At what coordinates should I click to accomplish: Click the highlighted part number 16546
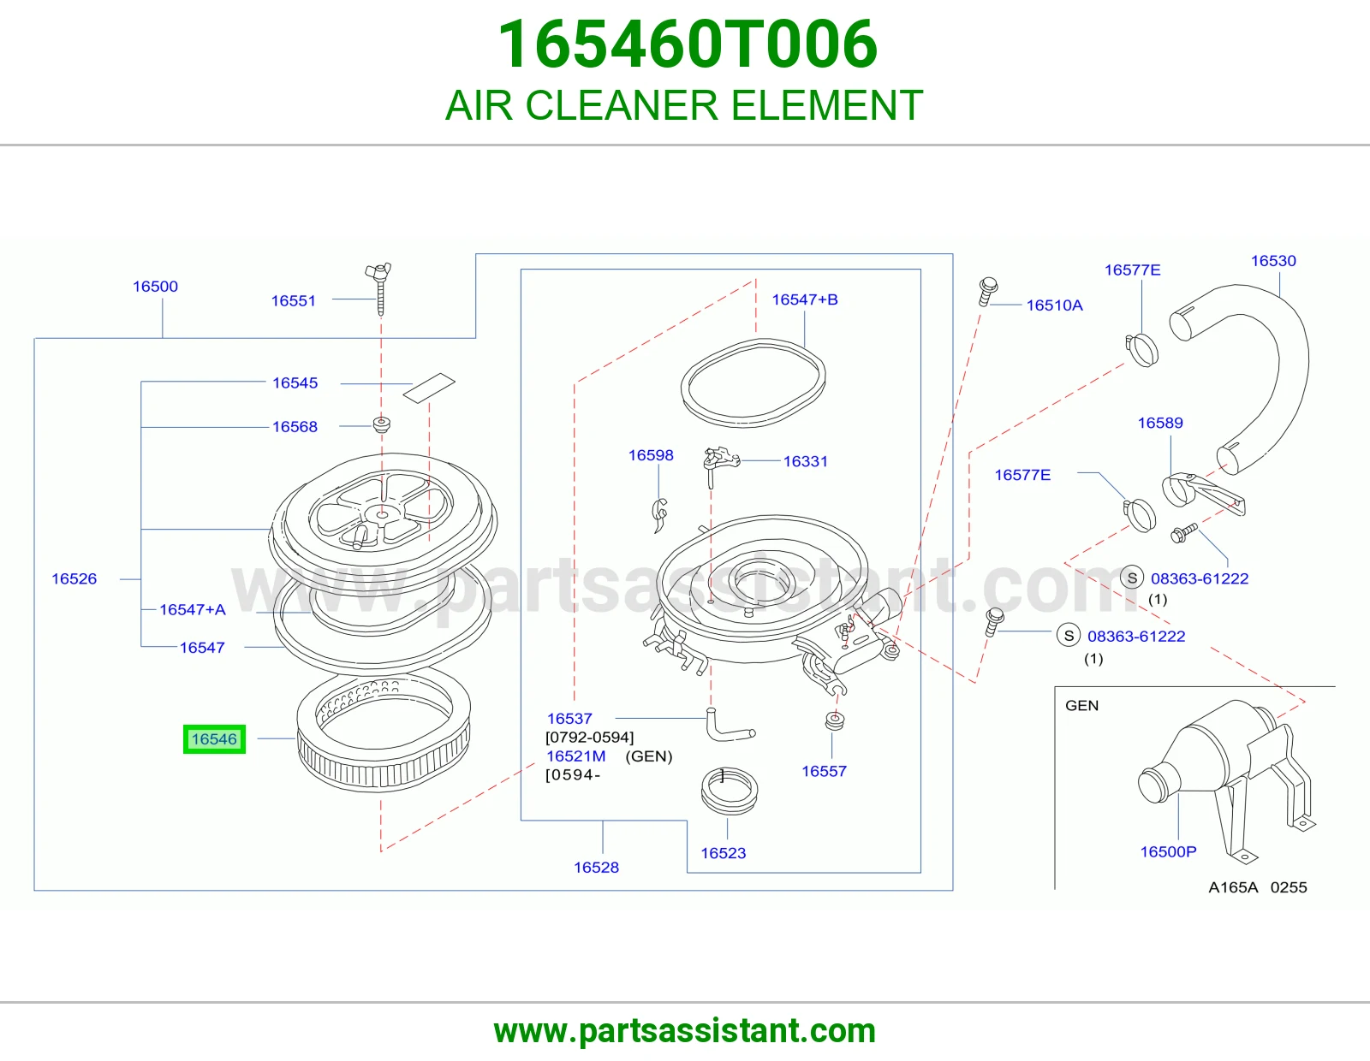pyautogui.click(x=214, y=739)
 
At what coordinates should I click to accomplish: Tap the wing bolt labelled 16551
pyautogui.click(x=379, y=287)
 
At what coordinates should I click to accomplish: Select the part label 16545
pyautogui.click(x=295, y=383)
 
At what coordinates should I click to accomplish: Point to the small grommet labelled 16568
pyautogui.click(x=381, y=424)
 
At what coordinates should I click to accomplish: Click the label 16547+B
pyautogui.click(x=805, y=299)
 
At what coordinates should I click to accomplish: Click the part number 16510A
pyautogui.click(x=1055, y=305)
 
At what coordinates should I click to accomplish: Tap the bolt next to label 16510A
pyautogui.click(x=987, y=290)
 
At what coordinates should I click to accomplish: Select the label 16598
pyautogui.click(x=651, y=455)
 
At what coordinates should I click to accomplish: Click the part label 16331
pyautogui.click(x=805, y=461)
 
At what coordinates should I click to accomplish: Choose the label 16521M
pyautogui.click(x=575, y=756)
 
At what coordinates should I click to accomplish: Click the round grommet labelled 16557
pyautogui.click(x=836, y=720)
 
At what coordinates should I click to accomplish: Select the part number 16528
pyautogui.click(x=597, y=868)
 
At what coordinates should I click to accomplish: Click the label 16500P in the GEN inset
pyautogui.click(x=1168, y=852)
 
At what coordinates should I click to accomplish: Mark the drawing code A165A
pyautogui.click(x=1233, y=887)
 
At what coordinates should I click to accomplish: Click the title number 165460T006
pyautogui.click(x=688, y=44)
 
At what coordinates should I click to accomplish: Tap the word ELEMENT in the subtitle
pyautogui.click(x=827, y=105)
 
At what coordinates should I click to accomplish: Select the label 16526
pyautogui.click(x=74, y=579)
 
